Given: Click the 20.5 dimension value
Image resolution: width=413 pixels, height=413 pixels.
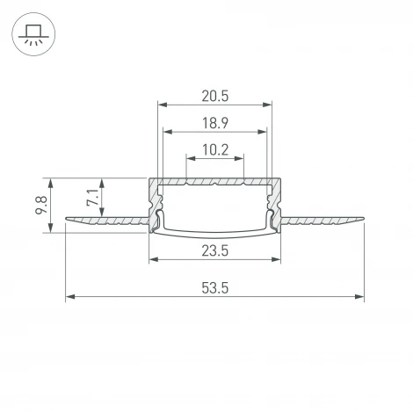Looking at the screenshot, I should (x=214, y=95).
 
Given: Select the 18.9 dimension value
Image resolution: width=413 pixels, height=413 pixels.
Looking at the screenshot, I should (x=214, y=122).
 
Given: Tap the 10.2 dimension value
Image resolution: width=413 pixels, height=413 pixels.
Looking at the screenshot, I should (x=214, y=149).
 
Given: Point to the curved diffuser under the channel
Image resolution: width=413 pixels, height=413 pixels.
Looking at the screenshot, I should (x=215, y=232).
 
